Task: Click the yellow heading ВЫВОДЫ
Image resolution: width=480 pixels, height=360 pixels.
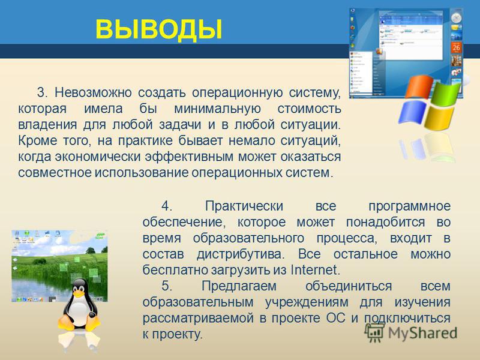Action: click(158, 29)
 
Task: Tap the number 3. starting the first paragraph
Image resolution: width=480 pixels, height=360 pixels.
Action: click(42, 92)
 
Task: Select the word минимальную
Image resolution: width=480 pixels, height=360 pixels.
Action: click(218, 109)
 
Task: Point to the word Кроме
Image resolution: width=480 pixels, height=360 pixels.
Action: click(38, 140)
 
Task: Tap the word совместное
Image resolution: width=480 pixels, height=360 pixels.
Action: click(55, 172)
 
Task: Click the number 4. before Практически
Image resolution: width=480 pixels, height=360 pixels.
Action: click(167, 206)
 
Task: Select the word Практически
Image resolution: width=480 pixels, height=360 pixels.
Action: click(244, 206)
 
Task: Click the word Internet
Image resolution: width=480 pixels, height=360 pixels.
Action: click(316, 269)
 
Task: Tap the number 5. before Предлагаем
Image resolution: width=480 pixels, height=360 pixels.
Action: click(167, 286)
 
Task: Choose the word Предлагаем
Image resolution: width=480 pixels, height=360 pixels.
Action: click(239, 286)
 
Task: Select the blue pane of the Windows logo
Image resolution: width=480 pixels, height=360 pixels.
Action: click(412, 112)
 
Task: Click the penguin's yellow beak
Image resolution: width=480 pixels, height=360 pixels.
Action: click(79, 294)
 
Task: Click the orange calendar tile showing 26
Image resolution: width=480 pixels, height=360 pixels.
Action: click(456, 47)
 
